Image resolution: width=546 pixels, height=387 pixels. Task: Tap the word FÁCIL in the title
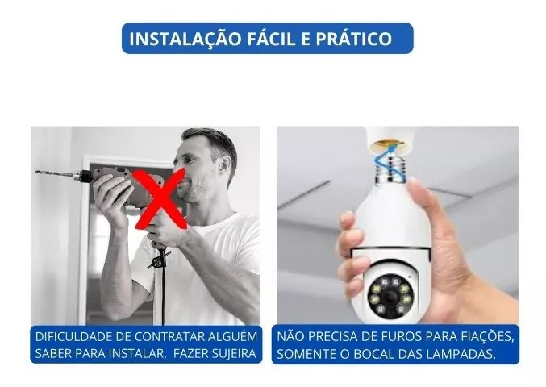[273, 38]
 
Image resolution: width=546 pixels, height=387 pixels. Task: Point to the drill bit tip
[37, 172]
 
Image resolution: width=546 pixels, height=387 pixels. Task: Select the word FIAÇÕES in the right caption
[486, 335]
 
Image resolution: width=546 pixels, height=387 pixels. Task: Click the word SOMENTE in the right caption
[307, 354]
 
